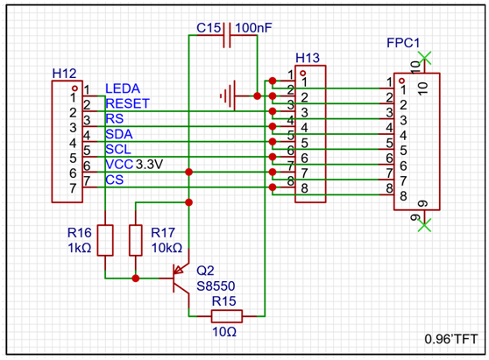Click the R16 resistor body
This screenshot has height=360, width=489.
click(105, 240)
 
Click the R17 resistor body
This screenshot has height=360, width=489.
click(136, 240)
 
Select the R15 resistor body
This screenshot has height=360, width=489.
click(227, 316)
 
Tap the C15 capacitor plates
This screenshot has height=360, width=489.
click(227, 35)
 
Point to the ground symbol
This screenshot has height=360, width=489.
click(227, 95)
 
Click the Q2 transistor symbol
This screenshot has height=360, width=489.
click(181, 278)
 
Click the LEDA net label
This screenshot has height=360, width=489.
click(123, 88)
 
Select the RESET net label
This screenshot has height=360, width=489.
click(128, 103)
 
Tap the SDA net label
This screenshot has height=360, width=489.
click(119, 134)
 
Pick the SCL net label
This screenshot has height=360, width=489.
click(118, 150)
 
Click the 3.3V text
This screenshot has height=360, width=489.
click(149, 165)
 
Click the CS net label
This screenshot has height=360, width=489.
click(115, 180)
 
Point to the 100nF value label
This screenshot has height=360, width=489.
click(253, 28)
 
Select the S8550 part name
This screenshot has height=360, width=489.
click(216, 286)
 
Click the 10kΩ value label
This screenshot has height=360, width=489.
click(167, 248)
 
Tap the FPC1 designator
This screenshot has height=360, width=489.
click(403, 43)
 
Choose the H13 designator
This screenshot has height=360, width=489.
click(308, 59)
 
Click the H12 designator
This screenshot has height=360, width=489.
click(64, 74)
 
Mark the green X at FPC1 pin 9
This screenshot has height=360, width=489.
click(424, 225)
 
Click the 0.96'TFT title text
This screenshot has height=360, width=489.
click(451, 339)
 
